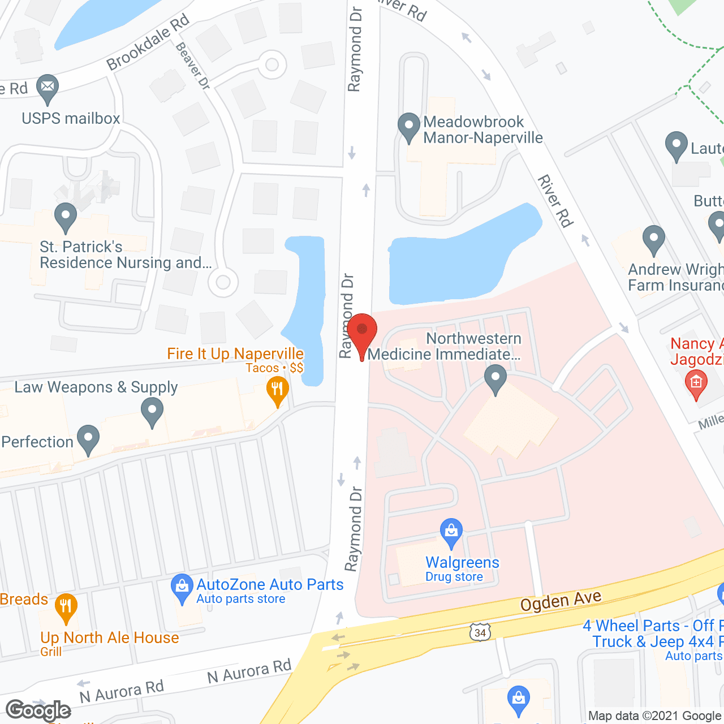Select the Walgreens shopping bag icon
click(x=451, y=532)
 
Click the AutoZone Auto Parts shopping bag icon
click(x=182, y=588)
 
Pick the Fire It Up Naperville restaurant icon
click(x=277, y=390)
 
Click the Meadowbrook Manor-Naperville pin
click(x=408, y=126)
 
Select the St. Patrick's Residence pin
click(x=66, y=216)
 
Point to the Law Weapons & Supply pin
click(x=152, y=411)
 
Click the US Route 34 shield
click(x=480, y=632)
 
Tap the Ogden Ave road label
click(x=561, y=601)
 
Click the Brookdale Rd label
click(x=148, y=43)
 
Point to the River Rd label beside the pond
click(x=555, y=201)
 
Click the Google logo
click(x=38, y=710)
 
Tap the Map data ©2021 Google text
click(x=655, y=716)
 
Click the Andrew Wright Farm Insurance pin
click(x=653, y=239)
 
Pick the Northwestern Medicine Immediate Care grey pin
click(x=495, y=378)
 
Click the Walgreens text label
click(x=462, y=562)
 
